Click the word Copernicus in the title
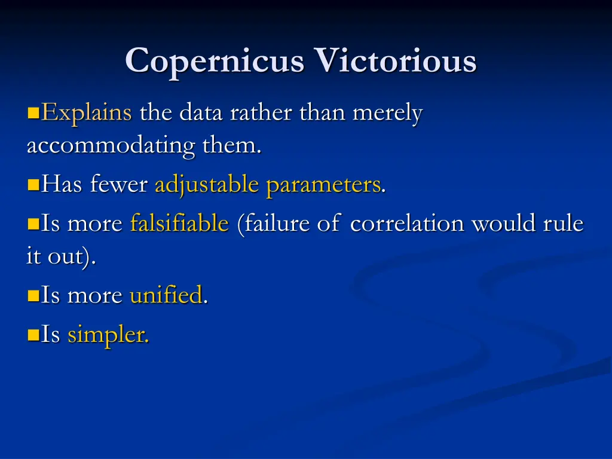tap(215, 61)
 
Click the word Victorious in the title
tap(396, 61)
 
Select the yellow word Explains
tap(87, 113)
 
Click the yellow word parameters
tap(323, 186)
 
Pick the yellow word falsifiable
tap(179, 224)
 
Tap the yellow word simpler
tap(108, 335)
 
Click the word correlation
tap(408, 224)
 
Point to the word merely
tap(388, 113)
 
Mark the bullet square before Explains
tap(33, 113)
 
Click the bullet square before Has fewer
tap(33, 186)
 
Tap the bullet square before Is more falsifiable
tap(33, 225)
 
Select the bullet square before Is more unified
tap(33, 295)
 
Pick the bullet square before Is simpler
tap(33, 335)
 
